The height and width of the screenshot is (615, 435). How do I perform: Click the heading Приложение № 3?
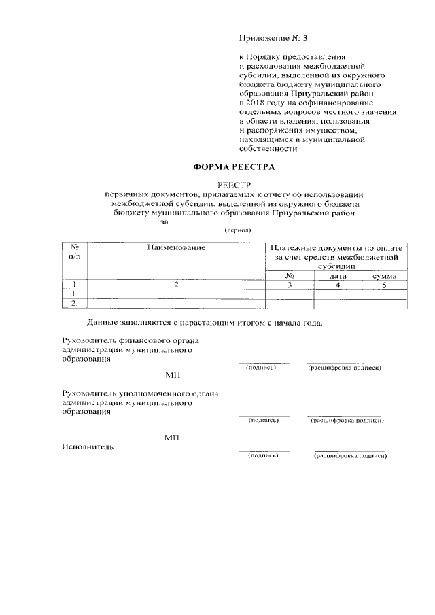(269, 38)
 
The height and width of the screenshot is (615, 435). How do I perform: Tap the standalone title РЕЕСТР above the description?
(234, 185)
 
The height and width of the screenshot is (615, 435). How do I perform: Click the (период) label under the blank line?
(238, 230)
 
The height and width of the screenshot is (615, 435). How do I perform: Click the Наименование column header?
(176, 248)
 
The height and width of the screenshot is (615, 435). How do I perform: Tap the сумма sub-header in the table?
(385, 276)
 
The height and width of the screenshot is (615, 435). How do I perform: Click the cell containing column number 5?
(385, 285)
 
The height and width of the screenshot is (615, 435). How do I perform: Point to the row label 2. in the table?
(74, 304)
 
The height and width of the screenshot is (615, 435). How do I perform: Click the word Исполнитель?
(88, 446)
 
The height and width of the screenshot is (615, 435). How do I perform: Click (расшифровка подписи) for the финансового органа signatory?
(344, 368)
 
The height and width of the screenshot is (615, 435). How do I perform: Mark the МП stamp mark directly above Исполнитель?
(171, 437)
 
